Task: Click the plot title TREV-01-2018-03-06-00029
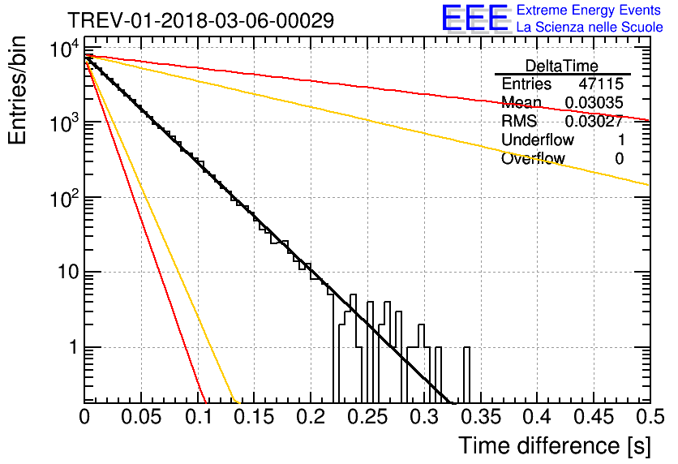point(201,20)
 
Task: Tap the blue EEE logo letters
point(475,18)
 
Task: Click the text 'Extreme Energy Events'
point(589,10)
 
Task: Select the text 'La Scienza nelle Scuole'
point(590,28)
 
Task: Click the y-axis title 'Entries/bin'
point(17,91)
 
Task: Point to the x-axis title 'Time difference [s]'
point(555,446)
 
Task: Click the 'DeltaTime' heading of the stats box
point(562,66)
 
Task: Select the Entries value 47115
point(601,84)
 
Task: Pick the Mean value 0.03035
point(594,102)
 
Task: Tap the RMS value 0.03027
point(594,121)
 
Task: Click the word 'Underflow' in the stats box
point(538,140)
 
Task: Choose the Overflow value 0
point(619,159)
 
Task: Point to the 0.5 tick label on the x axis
point(650,417)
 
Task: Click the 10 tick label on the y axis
point(68,273)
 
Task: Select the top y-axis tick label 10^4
point(64,49)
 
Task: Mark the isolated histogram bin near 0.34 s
point(466,375)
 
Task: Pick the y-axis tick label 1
point(74,347)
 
